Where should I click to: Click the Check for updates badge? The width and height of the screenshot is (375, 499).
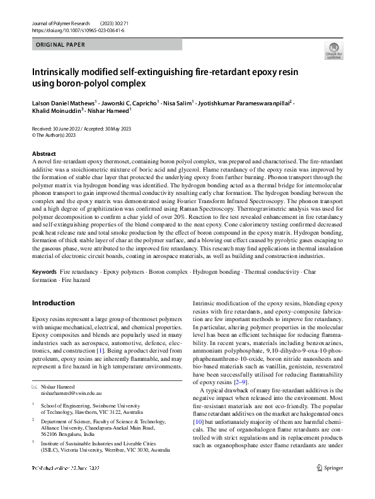tap(333, 52)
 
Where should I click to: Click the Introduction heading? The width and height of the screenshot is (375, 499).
tap(53, 303)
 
